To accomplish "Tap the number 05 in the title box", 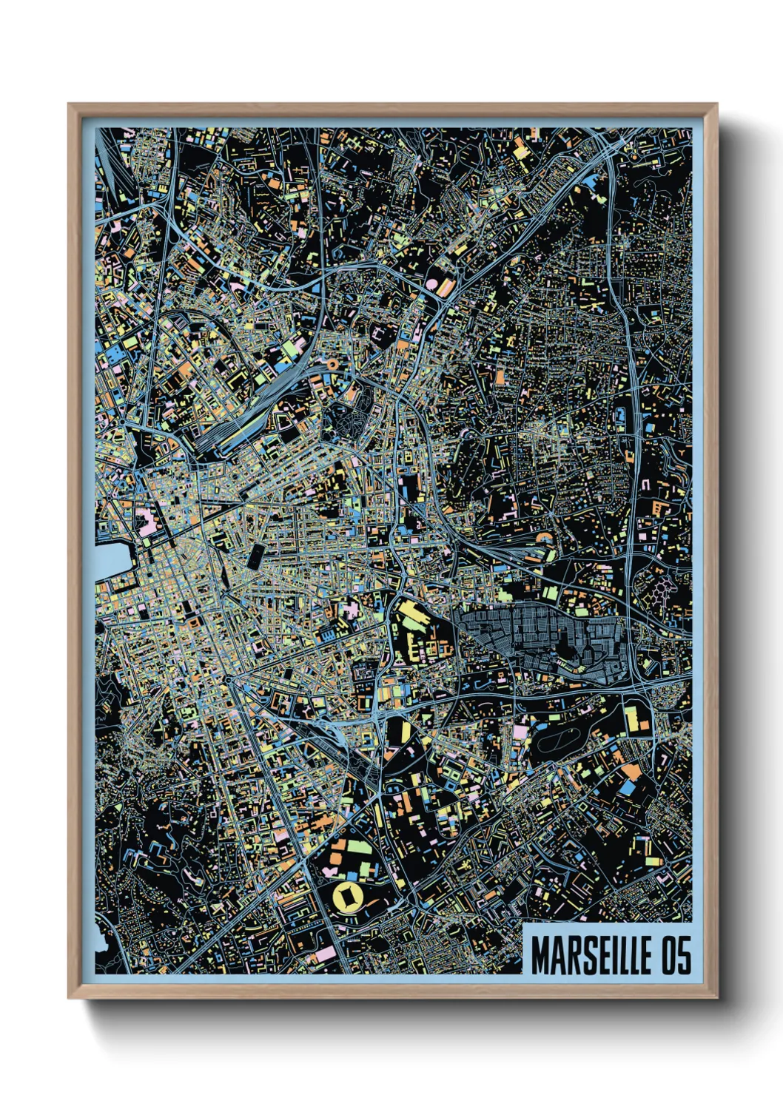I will click(676, 955).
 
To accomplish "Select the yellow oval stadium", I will click(345, 897).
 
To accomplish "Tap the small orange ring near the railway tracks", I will click(332, 364).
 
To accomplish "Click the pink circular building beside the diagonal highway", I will click(431, 283).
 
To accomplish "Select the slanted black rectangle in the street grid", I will click(256, 556).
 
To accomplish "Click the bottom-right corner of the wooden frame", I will click(716, 997).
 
